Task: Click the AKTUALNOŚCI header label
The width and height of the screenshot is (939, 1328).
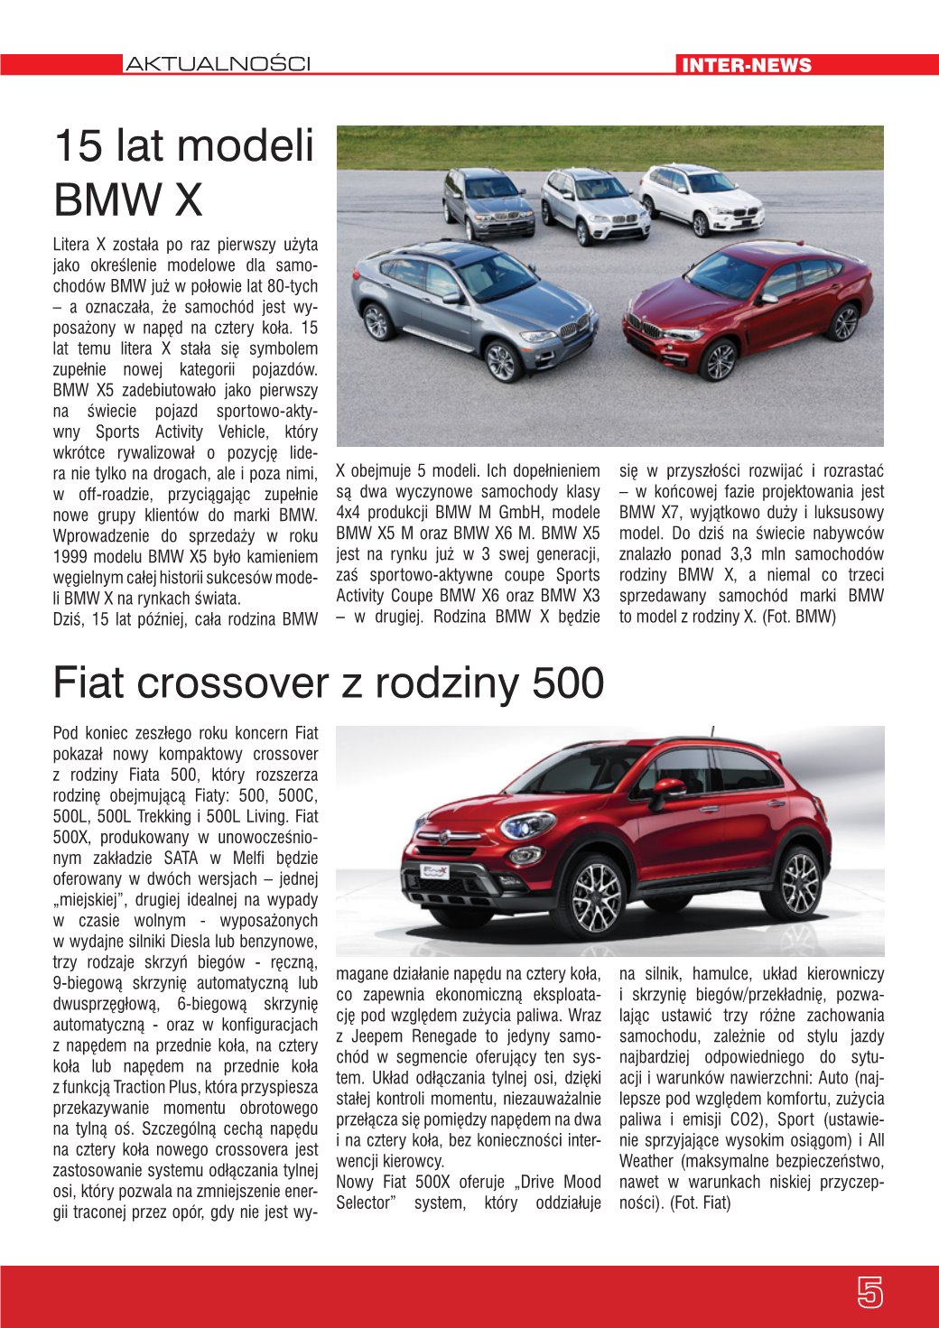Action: tap(218, 64)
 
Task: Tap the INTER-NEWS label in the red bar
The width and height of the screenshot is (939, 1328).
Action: tap(747, 65)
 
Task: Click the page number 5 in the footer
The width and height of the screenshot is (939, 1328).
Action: tap(869, 1293)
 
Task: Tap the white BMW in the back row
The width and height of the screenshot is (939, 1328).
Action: tap(701, 198)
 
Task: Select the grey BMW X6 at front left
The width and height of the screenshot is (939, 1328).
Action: tap(471, 307)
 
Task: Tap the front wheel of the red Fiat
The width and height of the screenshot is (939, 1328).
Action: tap(592, 897)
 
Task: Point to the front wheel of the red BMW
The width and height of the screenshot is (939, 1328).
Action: tap(720, 361)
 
